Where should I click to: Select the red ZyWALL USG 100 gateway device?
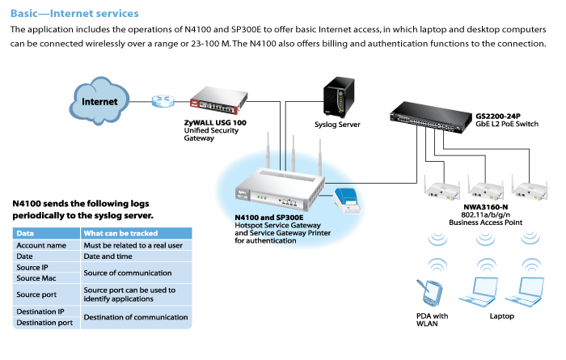click(218, 103)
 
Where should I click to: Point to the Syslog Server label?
click(337, 125)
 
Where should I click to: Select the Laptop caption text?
click(501, 316)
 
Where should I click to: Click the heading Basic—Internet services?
click(74, 14)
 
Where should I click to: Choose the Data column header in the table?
click(25, 233)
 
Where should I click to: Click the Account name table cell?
click(41, 244)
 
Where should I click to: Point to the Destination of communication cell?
click(136, 317)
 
